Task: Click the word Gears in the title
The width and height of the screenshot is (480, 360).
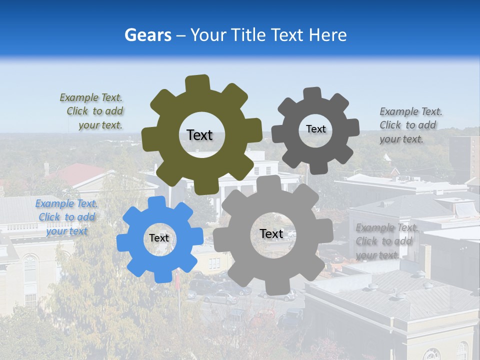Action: point(146,35)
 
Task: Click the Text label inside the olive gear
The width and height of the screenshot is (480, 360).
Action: point(199,135)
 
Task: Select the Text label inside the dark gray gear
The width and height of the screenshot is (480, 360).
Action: point(316,129)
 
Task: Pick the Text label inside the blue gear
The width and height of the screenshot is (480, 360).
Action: point(159,238)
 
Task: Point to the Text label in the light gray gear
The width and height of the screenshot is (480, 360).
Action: point(271,234)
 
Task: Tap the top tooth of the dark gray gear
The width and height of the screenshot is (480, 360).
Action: point(312,93)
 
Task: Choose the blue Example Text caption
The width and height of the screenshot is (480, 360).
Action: point(66,217)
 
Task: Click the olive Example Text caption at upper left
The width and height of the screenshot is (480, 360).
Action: point(92,111)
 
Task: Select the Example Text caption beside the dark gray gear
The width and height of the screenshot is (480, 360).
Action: point(410,125)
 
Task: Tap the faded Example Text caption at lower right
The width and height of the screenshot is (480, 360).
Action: point(386,241)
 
